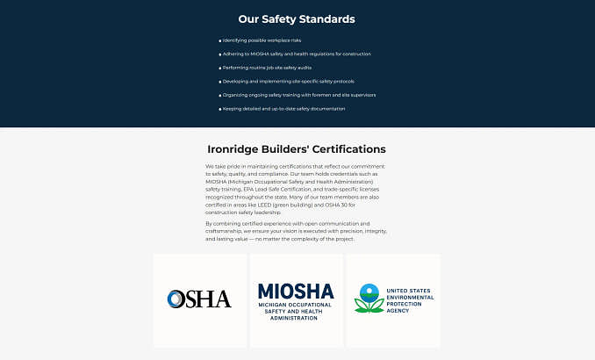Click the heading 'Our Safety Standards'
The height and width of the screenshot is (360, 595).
(x=297, y=18)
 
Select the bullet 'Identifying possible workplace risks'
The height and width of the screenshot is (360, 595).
(x=262, y=40)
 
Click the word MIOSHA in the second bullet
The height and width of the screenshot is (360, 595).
(x=260, y=54)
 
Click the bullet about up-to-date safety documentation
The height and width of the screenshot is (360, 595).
(x=283, y=109)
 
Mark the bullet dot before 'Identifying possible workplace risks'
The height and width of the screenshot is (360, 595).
(x=219, y=40)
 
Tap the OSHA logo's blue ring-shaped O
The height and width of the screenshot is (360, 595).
(x=176, y=299)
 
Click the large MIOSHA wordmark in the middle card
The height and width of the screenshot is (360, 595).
(x=296, y=291)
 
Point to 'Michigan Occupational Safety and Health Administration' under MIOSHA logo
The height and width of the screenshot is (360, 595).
(x=296, y=311)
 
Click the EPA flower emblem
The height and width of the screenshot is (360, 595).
(x=369, y=299)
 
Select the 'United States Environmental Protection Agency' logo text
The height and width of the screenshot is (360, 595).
(x=409, y=299)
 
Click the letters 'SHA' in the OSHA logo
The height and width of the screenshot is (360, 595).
(x=209, y=299)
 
